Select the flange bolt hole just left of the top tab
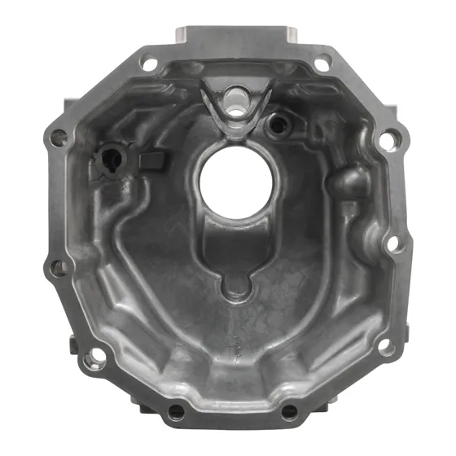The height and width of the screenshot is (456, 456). pos(148,61)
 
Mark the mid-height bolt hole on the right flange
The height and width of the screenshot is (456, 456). pos(393,242)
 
